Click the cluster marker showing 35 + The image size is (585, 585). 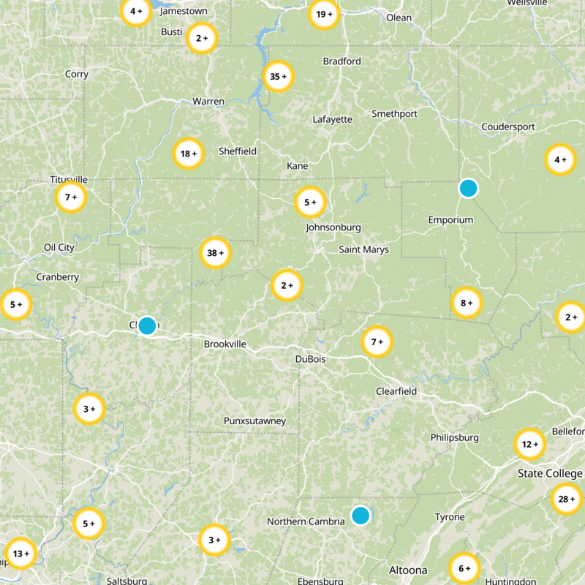coord(278,76)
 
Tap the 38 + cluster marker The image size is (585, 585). coord(216,253)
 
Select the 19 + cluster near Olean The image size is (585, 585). coord(324,14)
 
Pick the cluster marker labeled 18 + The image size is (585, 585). coord(189,154)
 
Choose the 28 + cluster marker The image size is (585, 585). coord(567,499)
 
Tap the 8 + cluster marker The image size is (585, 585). coord(467,302)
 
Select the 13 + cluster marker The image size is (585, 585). coord(20,554)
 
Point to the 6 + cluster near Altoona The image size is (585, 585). coord(464,568)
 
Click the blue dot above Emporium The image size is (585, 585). coord(468,188)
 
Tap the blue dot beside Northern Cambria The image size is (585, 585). coord(361,516)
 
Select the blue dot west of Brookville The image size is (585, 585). coord(147,325)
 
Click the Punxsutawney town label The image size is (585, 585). coord(254,421)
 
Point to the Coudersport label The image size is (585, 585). coord(508,127)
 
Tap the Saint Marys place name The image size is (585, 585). coord(363,249)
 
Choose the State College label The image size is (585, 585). coord(550,474)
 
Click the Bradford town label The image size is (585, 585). coord(342,61)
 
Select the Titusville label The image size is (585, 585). coord(69,179)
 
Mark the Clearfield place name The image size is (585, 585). coord(396,391)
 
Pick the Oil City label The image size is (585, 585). coord(59,247)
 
